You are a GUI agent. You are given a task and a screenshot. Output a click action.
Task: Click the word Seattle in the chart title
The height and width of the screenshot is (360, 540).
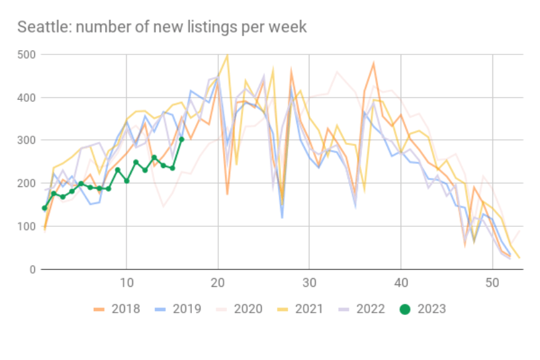tap(39, 27)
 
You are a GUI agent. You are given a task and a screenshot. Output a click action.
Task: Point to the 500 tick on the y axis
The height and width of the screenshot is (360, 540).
tap(28, 55)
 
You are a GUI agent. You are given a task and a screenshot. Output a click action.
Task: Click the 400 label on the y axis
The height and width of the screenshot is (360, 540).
tap(28, 98)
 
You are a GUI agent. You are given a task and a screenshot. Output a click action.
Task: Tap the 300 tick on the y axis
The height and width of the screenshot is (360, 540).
tap(28, 141)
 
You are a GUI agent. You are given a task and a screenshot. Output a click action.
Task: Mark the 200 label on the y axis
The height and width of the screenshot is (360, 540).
tap(28, 184)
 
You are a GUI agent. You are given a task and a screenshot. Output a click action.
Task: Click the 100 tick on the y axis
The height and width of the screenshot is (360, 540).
tap(28, 226)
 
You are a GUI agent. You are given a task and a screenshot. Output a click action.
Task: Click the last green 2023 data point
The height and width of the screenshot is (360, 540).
tap(181, 139)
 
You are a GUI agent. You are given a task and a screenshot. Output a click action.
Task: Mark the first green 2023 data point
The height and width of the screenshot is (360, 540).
tap(44, 208)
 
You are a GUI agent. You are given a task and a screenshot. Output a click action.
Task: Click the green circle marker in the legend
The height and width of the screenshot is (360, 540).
tap(406, 309)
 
